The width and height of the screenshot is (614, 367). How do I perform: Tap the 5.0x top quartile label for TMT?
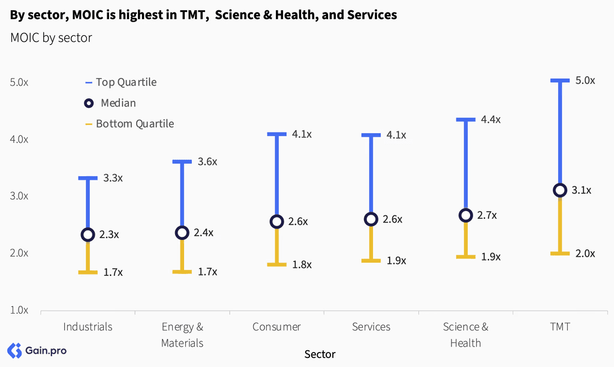pyautogui.click(x=585, y=81)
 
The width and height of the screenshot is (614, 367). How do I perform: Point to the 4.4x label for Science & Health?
pyautogui.click(x=490, y=119)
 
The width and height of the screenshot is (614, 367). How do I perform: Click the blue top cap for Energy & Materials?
pyautogui.click(x=182, y=162)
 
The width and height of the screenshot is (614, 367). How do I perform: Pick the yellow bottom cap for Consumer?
pyautogui.click(x=277, y=265)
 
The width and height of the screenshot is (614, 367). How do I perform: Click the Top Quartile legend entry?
pyautogui.click(x=121, y=82)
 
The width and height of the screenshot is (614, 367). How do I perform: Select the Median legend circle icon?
pyautogui.click(x=89, y=103)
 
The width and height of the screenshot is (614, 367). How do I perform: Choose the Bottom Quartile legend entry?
pyautogui.click(x=130, y=124)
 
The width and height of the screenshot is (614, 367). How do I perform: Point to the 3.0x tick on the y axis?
pyautogui.click(x=19, y=196)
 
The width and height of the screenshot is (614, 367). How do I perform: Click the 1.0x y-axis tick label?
pyautogui.click(x=19, y=310)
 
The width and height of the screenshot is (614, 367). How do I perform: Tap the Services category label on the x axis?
pyautogui.click(x=371, y=327)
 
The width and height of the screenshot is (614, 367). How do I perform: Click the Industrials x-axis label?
pyautogui.click(x=88, y=327)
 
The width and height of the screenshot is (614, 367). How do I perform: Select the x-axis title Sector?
pyautogui.click(x=320, y=354)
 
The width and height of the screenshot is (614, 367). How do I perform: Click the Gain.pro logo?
pyautogui.click(x=37, y=351)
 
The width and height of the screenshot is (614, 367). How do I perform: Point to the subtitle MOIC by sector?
pyautogui.click(x=52, y=38)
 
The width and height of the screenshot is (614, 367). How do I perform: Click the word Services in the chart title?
pyautogui.click(x=372, y=15)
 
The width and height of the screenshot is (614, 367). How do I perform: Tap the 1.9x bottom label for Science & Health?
pyautogui.click(x=490, y=257)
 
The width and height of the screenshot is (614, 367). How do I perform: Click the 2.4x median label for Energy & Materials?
pyautogui.click(x=204, y=233)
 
